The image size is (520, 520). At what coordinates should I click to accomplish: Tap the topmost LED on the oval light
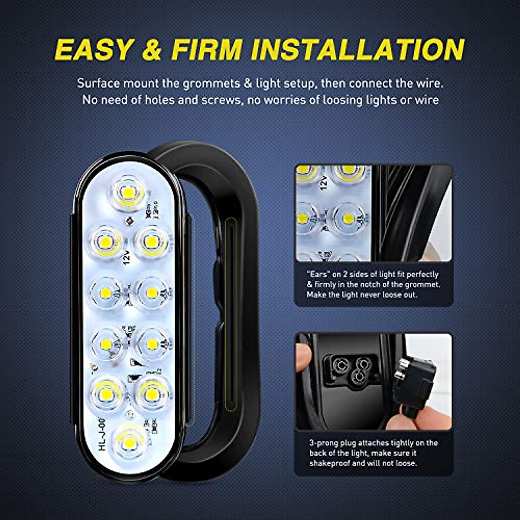(128, 191)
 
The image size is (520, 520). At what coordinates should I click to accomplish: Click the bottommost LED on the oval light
(129, 442)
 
